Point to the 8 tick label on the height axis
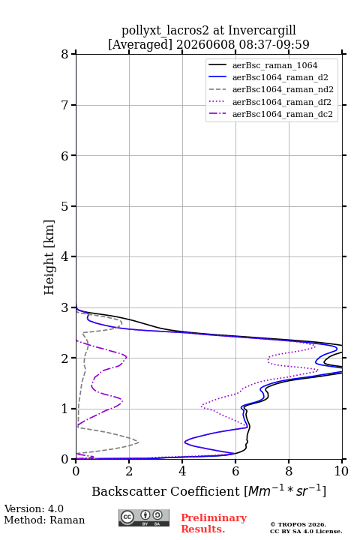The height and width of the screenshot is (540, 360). [65, 55]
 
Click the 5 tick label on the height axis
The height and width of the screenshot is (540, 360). [65, 206]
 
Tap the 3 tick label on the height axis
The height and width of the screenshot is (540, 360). [65, 307]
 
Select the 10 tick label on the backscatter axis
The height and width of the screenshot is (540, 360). [341, 471]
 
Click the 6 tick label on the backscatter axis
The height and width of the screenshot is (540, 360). [235, 471]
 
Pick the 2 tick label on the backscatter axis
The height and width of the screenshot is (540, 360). [129, 471]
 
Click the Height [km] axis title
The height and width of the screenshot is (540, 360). [49, 257]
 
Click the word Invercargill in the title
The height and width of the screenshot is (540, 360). [262, 31]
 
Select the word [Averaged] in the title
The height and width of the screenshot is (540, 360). [140, 45]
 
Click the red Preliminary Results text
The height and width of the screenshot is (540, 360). [214, 523]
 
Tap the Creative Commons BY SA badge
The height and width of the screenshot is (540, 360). [144, 518]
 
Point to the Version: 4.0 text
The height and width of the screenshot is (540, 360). [34, 508]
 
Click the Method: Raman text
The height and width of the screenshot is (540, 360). [44, 520]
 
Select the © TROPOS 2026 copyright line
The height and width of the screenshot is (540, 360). [298, 524]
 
